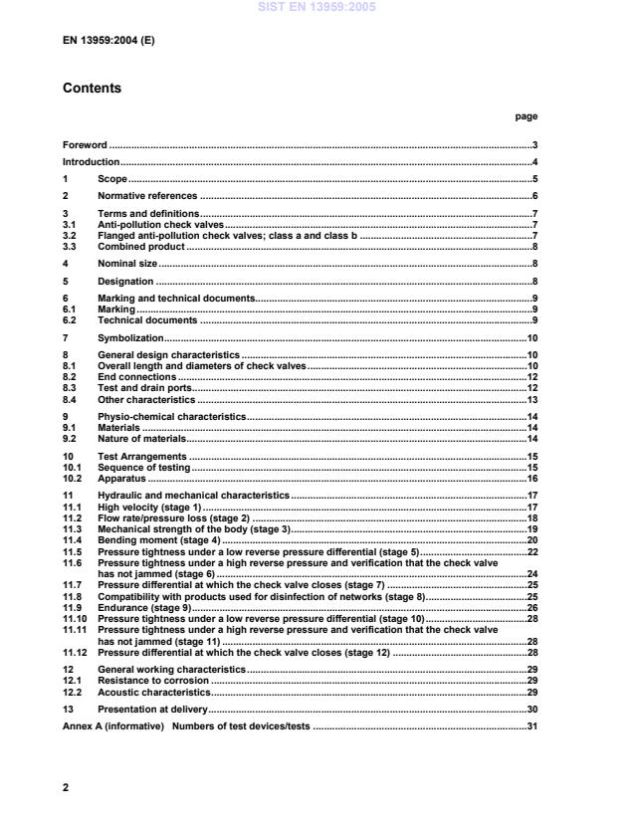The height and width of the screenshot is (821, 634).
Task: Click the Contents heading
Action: tap(92, 88)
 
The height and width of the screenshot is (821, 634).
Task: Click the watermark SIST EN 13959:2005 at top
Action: tap(316, 7)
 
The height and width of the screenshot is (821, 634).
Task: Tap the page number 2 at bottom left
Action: tap(66, 787)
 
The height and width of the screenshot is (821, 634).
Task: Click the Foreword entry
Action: tap(85, 145)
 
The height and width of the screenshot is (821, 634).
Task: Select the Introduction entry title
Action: tap(92, 162)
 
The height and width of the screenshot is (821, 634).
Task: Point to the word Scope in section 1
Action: tap(111, 179)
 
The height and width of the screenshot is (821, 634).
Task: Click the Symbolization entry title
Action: tap(130, 338)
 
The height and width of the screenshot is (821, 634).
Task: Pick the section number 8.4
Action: tap(71, 399)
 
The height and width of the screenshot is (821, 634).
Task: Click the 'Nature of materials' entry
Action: tap(142, 439)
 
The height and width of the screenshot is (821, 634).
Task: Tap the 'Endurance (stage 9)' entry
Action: tap(144, 607)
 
